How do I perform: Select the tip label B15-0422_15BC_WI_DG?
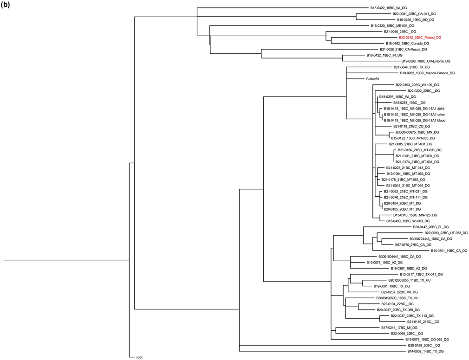[x=388, y=8]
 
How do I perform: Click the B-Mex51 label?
[x=373, y=79]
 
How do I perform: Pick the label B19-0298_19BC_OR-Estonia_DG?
[x=425, y=61]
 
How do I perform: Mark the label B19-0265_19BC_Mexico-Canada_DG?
[x=427, y=73]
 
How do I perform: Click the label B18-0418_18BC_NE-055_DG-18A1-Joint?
[x=414, y=109]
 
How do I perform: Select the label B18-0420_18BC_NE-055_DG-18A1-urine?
[x=414, y=115]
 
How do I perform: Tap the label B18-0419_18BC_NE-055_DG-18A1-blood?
[x=414, y=121]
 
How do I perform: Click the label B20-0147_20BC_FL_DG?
[x=430, y=227]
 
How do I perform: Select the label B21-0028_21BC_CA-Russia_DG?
[x=403, y=49]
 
